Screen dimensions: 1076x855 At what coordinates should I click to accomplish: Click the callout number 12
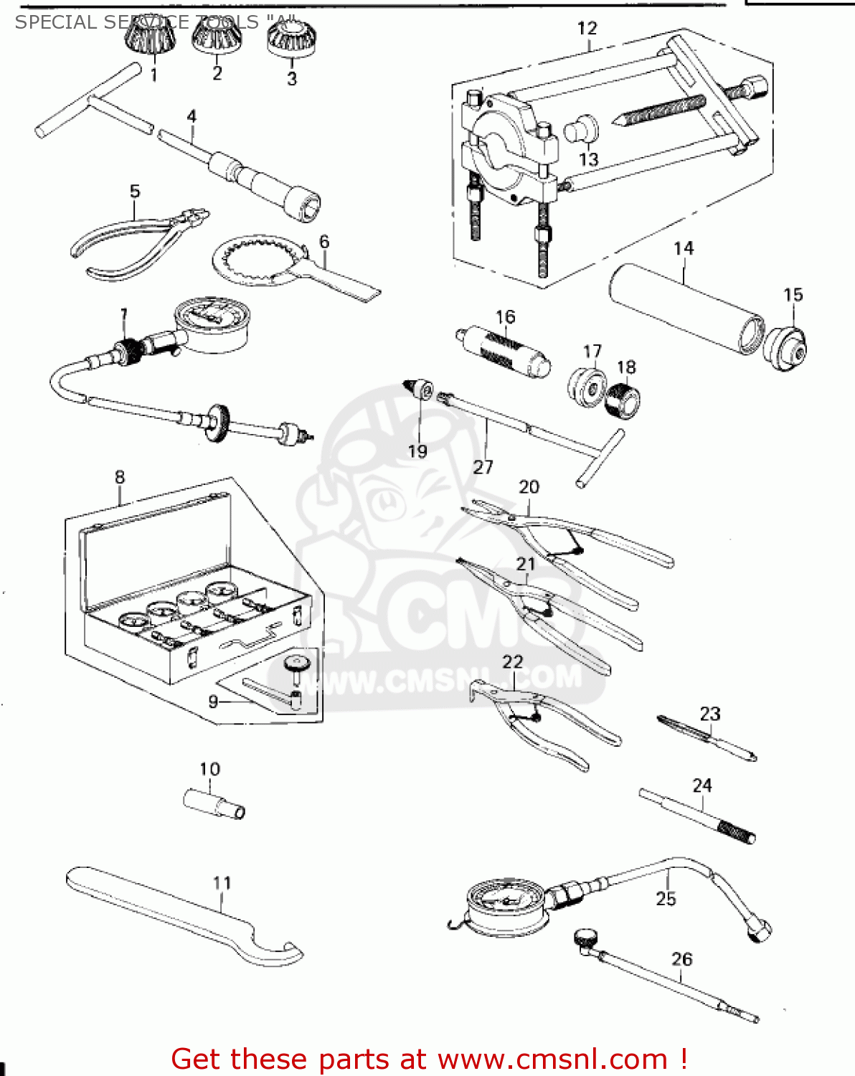click(587, 29)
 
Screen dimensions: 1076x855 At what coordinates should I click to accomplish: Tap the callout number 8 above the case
click(120, 477)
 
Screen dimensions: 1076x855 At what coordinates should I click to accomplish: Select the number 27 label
click(483, 467)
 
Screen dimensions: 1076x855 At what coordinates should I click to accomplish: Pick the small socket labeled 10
click(214, 803)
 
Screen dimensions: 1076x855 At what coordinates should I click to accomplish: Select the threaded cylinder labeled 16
click(504, 351)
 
